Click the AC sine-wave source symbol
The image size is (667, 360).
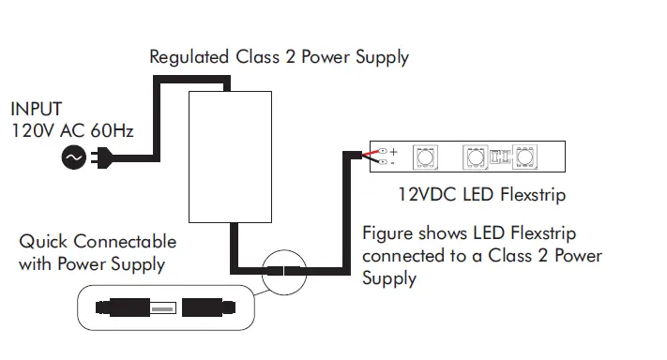72,159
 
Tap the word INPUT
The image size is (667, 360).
37,109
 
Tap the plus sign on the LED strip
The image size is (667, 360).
393,150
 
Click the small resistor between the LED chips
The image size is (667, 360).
500,157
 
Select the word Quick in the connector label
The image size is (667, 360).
44,242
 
